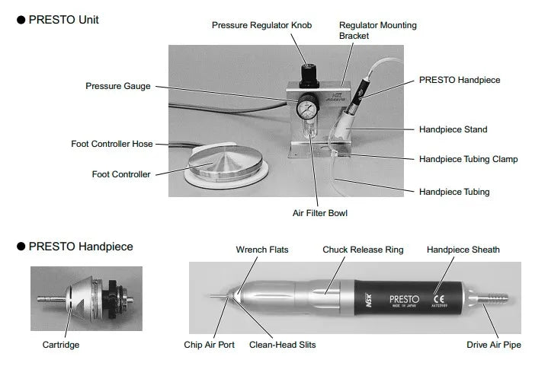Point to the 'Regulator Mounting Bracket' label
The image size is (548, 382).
[377, 30]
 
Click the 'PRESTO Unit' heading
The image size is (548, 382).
[63, 20]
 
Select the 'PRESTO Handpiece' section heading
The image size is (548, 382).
[80, 247]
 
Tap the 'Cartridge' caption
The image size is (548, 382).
[61, 345]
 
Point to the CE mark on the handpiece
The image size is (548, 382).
[438, 289]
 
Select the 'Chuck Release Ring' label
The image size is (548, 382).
[362, 250]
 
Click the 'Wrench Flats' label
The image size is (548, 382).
[261, 250]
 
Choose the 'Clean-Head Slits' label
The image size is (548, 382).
[282, 345]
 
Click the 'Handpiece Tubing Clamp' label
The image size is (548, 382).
[468, 159]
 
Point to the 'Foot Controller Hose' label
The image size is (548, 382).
[112, 144]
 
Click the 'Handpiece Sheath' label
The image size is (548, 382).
[463, 250]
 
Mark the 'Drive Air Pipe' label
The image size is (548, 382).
[494, 345]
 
